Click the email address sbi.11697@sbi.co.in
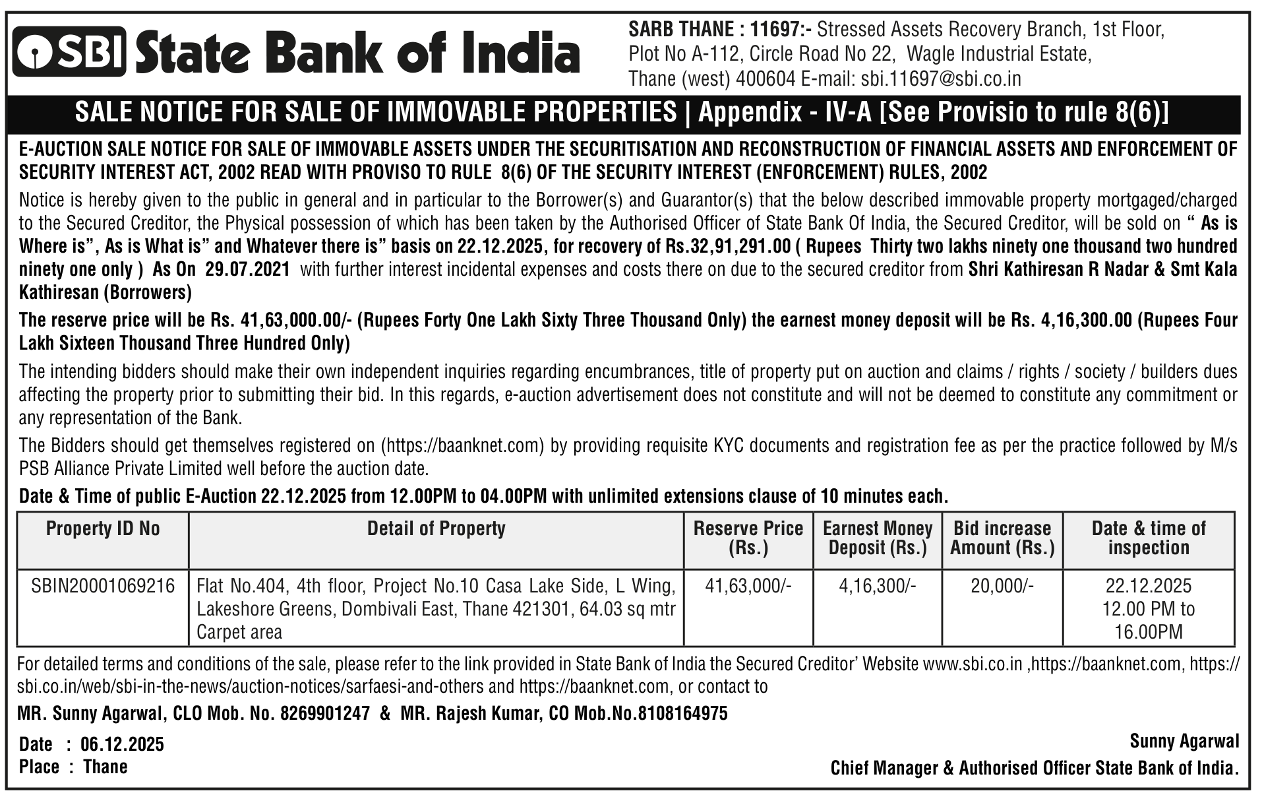coord(941,79)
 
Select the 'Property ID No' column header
coord(103,528)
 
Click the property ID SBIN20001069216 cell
coord(103,586)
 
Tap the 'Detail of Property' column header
coord(436,528)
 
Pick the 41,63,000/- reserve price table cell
coord(748,586)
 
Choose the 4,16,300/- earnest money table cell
coord(877,586)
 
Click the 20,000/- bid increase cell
coord(1002,586)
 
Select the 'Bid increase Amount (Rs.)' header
coord(1002,538)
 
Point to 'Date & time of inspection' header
coord(1148,538)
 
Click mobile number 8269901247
coord(325,713)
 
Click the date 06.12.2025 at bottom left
coord(122,744)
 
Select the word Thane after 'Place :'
coord(105,767)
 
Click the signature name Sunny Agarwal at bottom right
coord(1184,741)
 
